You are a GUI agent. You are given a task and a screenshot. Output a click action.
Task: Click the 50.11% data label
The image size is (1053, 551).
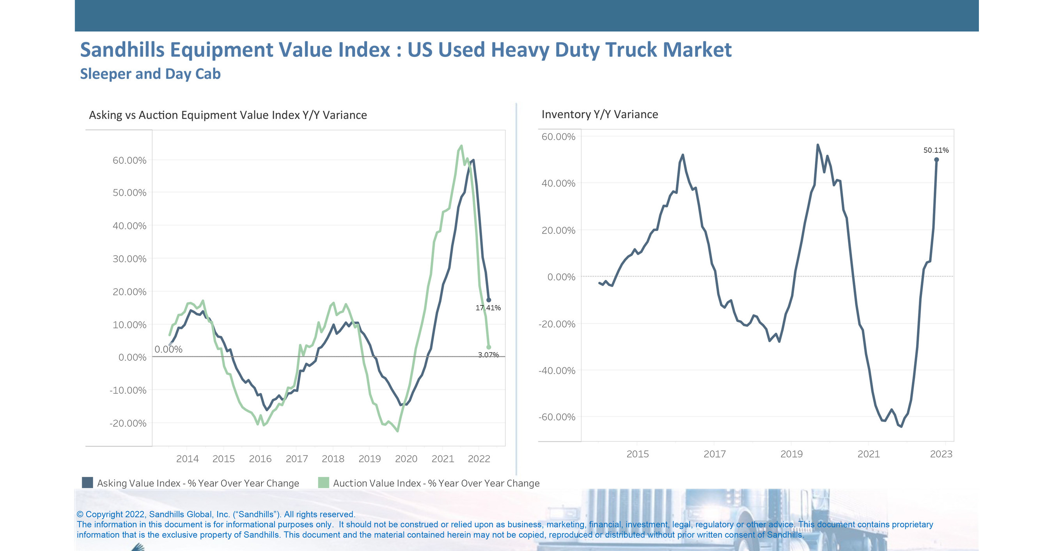coord(936,151)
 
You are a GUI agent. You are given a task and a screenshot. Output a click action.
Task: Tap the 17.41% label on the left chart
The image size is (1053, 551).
coord(487,308)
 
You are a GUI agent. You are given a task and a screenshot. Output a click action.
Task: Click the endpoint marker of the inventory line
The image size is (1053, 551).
coord(936,160)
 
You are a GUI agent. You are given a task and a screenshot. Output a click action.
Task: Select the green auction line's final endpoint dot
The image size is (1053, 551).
coord(489,347)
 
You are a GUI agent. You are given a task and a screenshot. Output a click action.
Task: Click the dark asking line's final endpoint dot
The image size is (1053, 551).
coord(489,300)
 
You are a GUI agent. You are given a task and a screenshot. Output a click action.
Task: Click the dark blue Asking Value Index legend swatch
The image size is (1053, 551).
coord(87,483)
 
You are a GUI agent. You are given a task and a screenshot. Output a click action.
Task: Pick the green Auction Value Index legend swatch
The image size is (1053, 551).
coord(323,483)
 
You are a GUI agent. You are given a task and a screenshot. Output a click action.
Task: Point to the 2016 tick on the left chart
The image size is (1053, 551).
coord(260,459)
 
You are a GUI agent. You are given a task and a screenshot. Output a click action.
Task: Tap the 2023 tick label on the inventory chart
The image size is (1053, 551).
coord(941,454)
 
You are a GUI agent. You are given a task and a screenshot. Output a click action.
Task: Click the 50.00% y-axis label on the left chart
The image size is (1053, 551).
coord(129,193)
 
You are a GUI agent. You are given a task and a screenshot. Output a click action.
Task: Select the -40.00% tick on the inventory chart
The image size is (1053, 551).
coord(557,371)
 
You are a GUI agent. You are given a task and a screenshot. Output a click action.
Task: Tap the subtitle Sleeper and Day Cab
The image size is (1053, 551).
coord(150,74)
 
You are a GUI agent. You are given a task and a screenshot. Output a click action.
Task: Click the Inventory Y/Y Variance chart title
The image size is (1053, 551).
coord(599,115)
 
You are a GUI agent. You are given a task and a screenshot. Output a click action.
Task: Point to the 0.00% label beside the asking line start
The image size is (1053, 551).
coord(168,349)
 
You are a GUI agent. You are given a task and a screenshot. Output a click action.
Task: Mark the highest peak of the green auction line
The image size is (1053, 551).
coord(461,145)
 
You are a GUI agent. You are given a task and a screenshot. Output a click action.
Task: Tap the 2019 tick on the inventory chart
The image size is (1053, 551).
coord(791,454)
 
